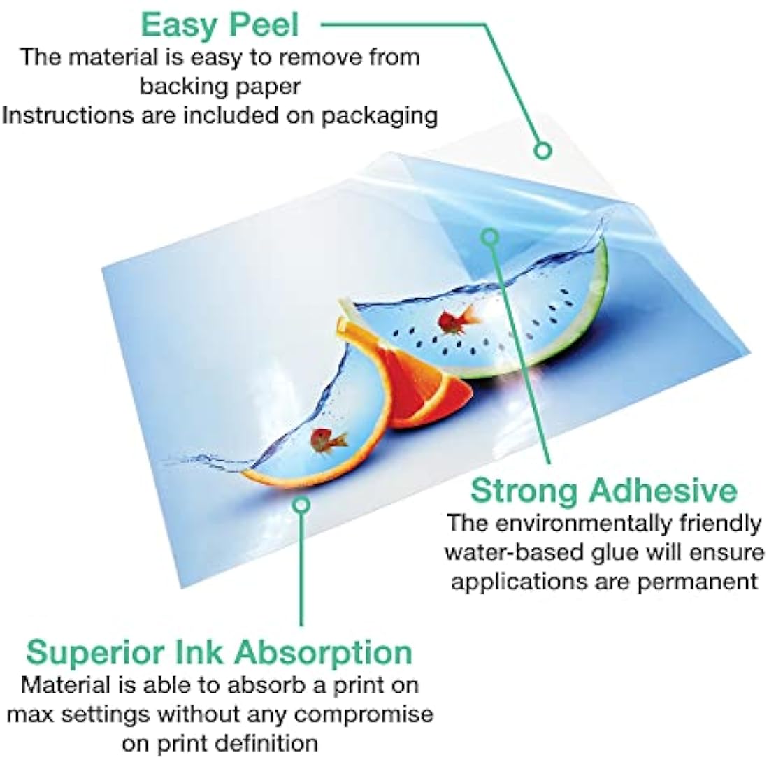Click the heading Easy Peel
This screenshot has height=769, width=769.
(x=220, y=25)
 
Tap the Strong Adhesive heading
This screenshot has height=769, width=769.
(x=604, y=490)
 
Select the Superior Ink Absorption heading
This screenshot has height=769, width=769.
(x=220, y=653)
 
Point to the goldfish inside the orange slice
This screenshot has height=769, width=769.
(x=328, y=440)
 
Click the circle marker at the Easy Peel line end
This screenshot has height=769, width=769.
(x=542, y=150)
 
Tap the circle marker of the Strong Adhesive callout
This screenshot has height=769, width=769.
(x=489, y=238)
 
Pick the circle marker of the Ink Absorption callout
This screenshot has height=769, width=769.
(x=301, y=504)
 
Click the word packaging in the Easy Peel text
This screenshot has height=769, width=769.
(x=379, y=116)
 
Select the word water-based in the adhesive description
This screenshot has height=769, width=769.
(x=517, y=553)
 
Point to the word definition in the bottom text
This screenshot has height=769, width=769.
(x=267, y=743)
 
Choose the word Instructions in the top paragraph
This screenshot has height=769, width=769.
(x=67, y=115)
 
